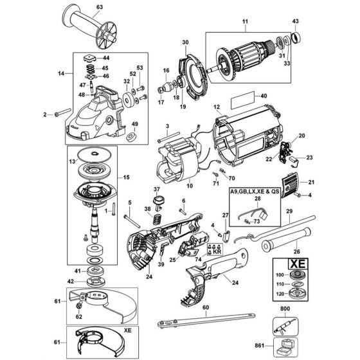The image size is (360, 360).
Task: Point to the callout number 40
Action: tap(264, 96)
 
